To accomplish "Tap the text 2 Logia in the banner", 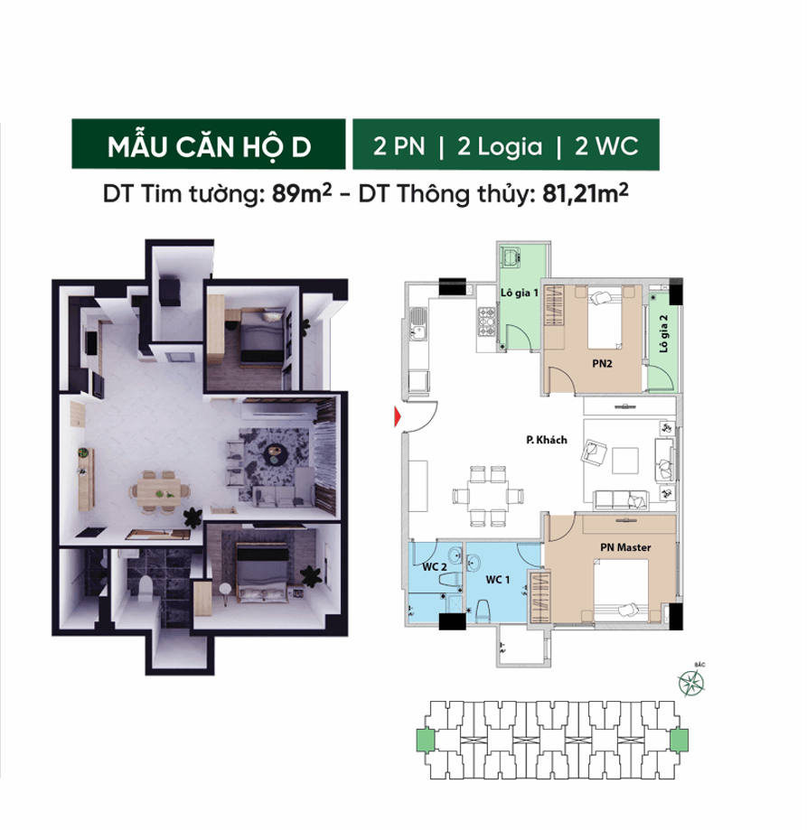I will pos(500,147).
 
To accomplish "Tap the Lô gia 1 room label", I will pos(520,293).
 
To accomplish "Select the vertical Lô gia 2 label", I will pos(664,333).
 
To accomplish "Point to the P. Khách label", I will pos(546,440).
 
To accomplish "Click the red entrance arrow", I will pos(395,416).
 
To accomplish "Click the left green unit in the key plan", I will pos(422,740).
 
